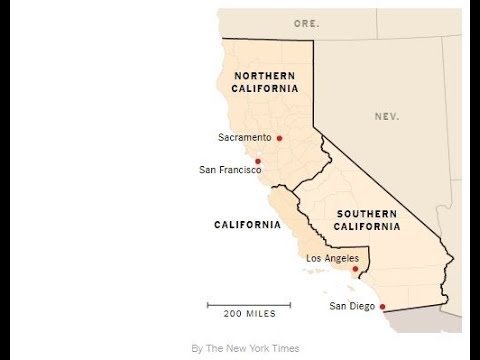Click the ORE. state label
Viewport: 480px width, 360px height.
click(305, 22)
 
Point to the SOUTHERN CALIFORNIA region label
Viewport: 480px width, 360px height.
click(368, 220)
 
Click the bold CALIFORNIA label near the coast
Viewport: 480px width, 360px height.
click(247, 224)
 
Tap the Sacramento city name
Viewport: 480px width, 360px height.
click(245, 137)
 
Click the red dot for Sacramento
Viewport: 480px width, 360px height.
click(280, 138)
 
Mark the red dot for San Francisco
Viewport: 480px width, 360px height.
click(258, 161)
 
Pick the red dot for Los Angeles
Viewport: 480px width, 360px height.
click(355, 269)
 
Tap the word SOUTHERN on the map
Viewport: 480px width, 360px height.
click(368, 213)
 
